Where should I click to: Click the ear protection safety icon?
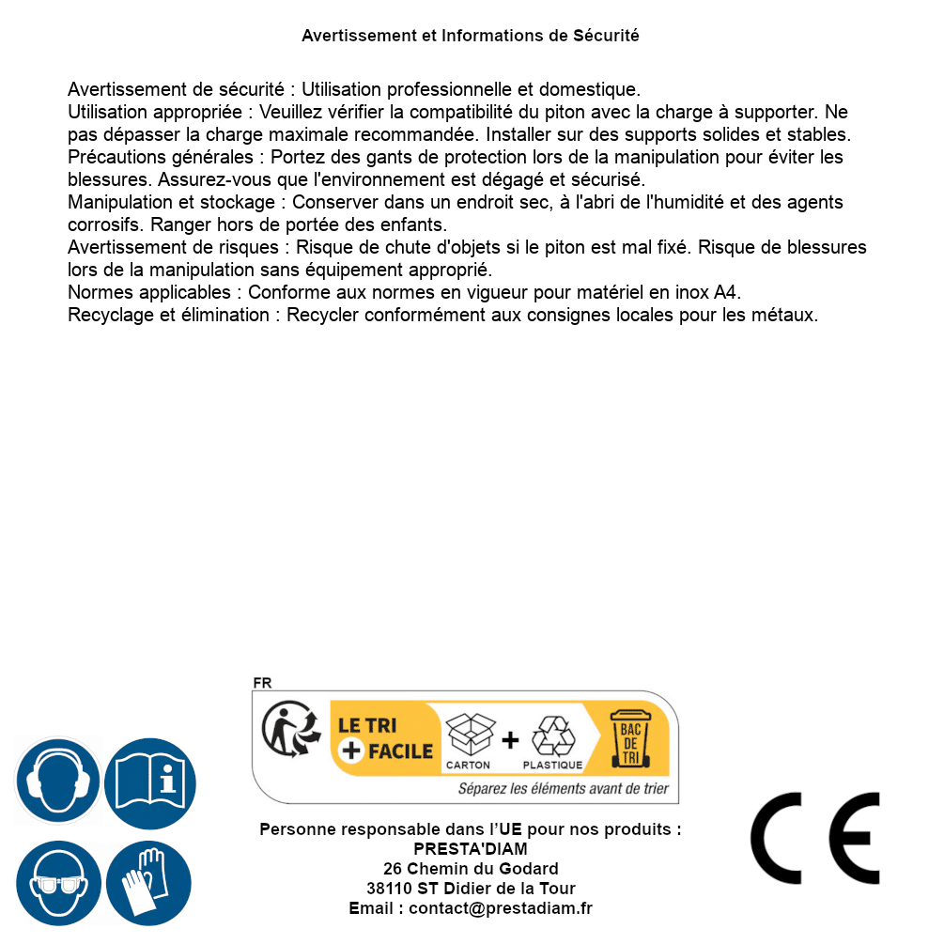point(58,781)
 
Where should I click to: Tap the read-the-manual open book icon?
point(149,781)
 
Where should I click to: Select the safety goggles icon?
point(58,883)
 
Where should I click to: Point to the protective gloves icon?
point(149,883)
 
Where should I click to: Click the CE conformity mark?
point(815,838)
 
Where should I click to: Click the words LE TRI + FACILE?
point(385,738)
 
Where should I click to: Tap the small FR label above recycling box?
point(262,683)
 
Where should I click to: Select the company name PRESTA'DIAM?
point(471,849)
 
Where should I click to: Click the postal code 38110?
point(386,889)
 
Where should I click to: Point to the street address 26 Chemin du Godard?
point(471,869)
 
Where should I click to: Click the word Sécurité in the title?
point(606,36)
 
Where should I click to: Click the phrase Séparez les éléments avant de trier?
point(564,789)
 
